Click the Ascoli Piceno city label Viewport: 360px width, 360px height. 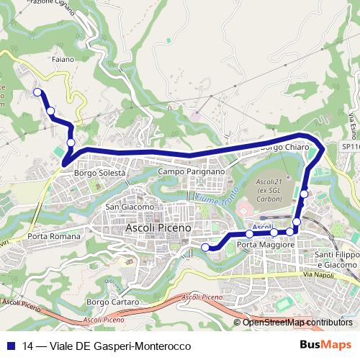click(x=159, y=228)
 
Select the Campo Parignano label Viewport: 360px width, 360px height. click(x=192, y=172)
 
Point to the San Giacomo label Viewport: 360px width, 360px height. click(x=130, y=207)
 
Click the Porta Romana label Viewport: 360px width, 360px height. click(x=54, y=236)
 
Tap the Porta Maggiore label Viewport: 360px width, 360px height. click(x=266, y=246)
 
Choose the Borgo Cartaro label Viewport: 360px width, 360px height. click(x=112, y=302)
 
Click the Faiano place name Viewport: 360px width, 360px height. click(x=63, y=59)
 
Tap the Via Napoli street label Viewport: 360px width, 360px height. click(x=320, y=276)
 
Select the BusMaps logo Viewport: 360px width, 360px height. click(x=325, y=346)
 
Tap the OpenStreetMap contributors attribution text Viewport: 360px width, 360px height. click(x=297, y=323)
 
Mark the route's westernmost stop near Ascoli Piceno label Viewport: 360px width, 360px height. click(x=205, y=248)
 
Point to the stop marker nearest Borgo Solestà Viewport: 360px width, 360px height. click(x=70, y=143)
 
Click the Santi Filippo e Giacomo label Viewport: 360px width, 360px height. click(x=336, y=260)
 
